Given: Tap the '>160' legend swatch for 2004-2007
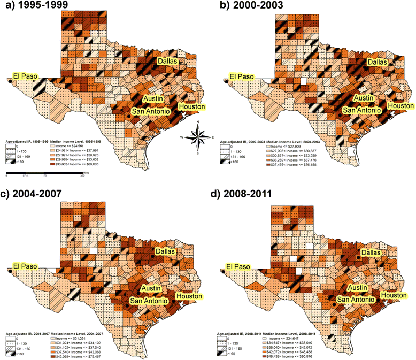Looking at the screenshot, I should [x=17, y=354].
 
